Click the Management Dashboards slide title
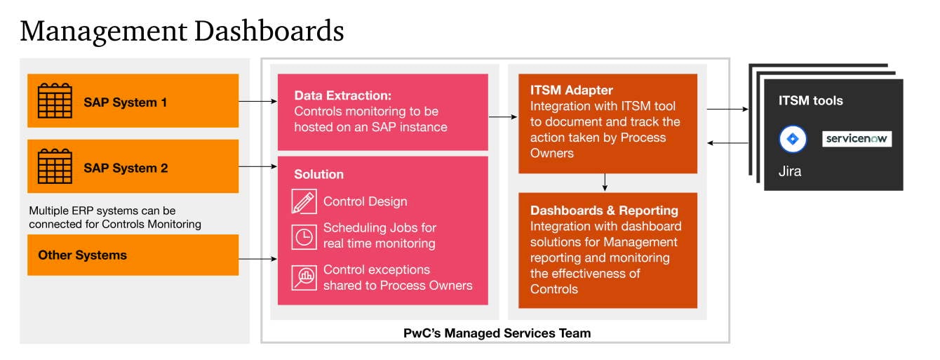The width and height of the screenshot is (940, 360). [x=182, y=32]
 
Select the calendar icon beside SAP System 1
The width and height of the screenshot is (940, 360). [x=55, y=101]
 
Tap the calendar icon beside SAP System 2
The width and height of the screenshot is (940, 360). [x=55, y=167]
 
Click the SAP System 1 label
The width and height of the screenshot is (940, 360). [x=126, y=102]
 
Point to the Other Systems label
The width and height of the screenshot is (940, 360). [x=83, y=255]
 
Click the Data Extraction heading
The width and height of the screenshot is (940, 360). [x=342, y=95]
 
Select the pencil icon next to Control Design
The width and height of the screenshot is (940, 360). [x=304, y=201]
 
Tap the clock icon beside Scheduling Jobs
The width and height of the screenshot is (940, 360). [x=304, y=236]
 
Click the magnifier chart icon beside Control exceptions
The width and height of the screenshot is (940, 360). [x=304, y=278]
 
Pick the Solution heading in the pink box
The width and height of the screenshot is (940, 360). [x=319, y=174]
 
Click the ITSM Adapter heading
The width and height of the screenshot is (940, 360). [x=571, y=91]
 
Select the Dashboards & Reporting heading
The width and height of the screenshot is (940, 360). [x=604, y=211]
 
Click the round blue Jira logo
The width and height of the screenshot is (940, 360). [x=793, y=139]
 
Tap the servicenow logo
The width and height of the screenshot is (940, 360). [x=857, y=139]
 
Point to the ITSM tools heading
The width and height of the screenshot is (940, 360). [x=810, y=101]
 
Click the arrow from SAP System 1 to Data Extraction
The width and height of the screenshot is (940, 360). [x=258, y=102]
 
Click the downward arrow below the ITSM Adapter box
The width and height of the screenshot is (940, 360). [x=605, y=182]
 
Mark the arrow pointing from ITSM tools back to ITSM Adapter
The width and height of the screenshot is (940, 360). [x=727, y=143]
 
